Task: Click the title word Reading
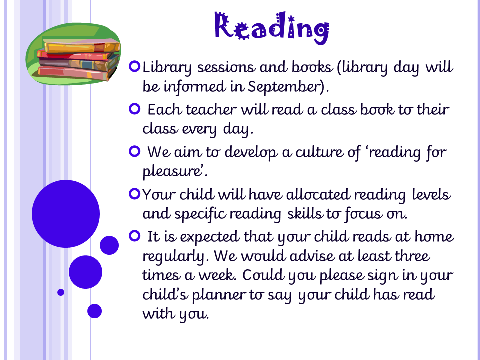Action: coord(272,28)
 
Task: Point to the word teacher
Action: coord(211,109)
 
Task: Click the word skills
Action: coord(305,213)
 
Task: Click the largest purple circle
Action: coord(66,214)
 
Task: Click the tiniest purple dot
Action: coord(61,292)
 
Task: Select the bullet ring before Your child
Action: coord(134,194)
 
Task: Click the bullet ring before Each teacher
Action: coord(134,109)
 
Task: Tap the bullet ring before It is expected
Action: coord(134,236)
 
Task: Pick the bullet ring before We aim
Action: coord(134,151)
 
